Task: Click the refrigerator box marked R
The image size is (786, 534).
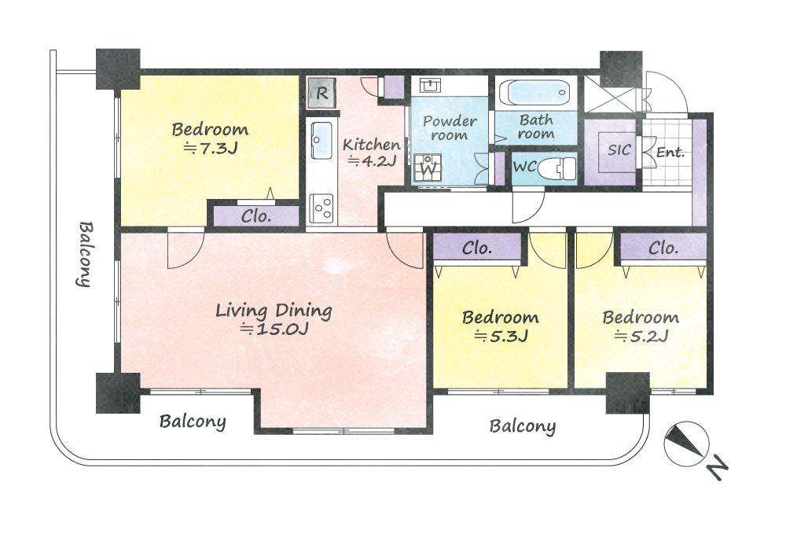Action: [321, 93]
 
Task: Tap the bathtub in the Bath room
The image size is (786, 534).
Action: [536, 93]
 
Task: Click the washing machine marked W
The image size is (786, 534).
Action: [428, 168]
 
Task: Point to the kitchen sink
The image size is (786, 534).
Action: [321, 140]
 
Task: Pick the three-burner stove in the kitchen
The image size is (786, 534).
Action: [321, 208]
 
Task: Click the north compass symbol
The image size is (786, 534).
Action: [685, 444]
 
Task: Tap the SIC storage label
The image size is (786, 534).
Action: [619, 150]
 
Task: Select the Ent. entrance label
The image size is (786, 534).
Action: [670, 152]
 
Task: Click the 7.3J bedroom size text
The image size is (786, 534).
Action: [210, 149]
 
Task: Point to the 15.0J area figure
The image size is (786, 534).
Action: [274, 329]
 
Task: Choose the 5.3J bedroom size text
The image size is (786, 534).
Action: [501, 336]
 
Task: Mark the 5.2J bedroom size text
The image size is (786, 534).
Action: [641, 336]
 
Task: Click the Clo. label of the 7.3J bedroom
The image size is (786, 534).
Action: [256, 216]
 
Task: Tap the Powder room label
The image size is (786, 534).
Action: [450, 128]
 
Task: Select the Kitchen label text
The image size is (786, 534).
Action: [372, 145]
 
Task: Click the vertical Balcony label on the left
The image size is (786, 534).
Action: [85, 254]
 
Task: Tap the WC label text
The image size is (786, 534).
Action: [525, 167]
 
